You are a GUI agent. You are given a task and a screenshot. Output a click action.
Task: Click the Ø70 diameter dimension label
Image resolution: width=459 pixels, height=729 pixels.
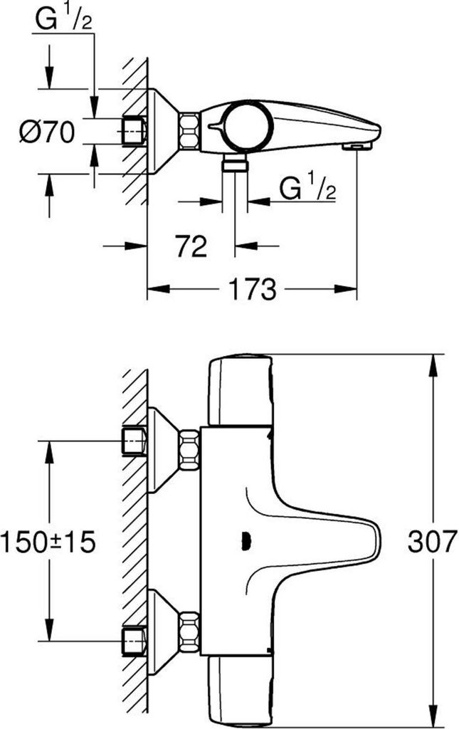(46, 132)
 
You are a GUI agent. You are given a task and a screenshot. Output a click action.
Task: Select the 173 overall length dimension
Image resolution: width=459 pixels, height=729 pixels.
(252, 289)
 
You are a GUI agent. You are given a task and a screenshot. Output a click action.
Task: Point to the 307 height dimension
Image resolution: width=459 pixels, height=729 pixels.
(430, 542)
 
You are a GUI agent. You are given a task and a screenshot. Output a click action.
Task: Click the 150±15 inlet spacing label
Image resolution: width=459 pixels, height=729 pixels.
(48, 542)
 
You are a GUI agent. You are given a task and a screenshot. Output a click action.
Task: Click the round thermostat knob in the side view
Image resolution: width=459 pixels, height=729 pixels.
(246, 126)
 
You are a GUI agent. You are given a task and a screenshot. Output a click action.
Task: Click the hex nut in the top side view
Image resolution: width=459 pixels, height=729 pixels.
(189, 130)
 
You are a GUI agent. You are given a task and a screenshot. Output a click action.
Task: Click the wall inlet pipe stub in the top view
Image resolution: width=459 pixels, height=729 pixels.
(133, 130)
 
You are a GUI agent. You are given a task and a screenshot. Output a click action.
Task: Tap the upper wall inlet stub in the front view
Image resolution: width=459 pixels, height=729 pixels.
(133, 441)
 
